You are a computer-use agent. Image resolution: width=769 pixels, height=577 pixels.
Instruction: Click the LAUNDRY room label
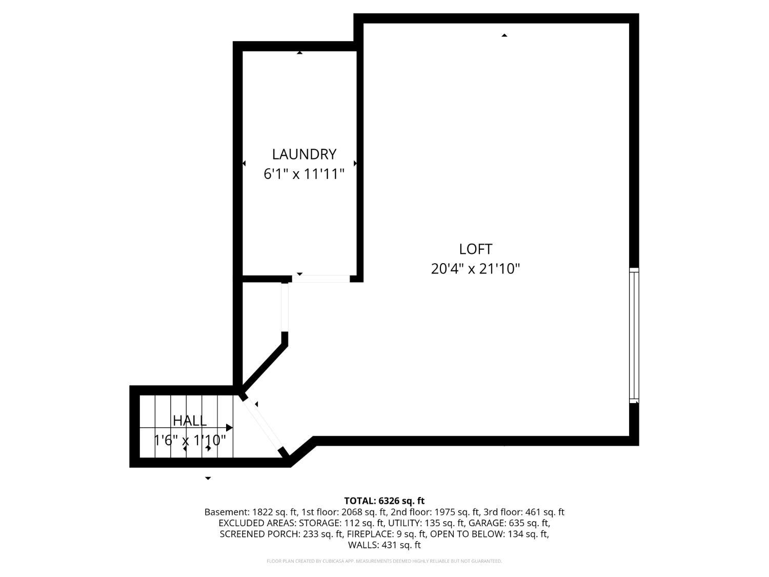pyautogui.click(x=304, y=154)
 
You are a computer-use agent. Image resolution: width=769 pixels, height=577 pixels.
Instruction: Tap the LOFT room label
pyautogui.click(x=475, y=249)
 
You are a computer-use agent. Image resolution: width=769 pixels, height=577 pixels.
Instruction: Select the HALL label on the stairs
pyautogui.click(x=190, y=421)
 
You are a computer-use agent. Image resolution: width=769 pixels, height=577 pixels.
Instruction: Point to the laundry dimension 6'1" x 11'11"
pyautogui.click(x=304, y=174)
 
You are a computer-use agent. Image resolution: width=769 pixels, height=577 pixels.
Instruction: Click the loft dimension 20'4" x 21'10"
pyautogui.click(x=475, y=269)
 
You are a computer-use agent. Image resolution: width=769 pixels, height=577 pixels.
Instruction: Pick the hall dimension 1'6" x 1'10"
pyautogui.click(x=190, y=440)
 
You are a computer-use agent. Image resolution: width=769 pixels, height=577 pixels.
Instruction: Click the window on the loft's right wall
pyautogui.click(x=634, y=335)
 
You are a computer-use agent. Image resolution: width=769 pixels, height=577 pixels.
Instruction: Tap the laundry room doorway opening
pyautogui.click(x=321, y=278)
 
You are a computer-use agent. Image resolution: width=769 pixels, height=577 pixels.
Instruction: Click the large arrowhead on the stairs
pyautogui.click(x=229, y=427)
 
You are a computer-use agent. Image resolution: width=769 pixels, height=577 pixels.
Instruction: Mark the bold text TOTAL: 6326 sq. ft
pyautogui.click(x=385, y=501)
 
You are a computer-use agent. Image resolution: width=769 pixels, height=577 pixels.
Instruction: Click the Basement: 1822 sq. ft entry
pyautogui.click(x=251, y=512)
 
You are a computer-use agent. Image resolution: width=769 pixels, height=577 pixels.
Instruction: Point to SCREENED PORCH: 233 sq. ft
pyautogui.click(x=281, y=534)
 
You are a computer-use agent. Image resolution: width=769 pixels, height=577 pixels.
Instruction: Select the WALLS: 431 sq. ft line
pyautogui.click(x=385, y=545)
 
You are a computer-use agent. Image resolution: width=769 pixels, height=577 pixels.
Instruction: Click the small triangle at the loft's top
pyautogui.click(x=504, y=35)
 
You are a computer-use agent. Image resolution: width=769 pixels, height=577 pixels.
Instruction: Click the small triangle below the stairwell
pyautogui.click(x=208, y=478)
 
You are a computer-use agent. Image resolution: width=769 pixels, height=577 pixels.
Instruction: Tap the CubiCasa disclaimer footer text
pyautogui.click(x=385, y=561)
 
